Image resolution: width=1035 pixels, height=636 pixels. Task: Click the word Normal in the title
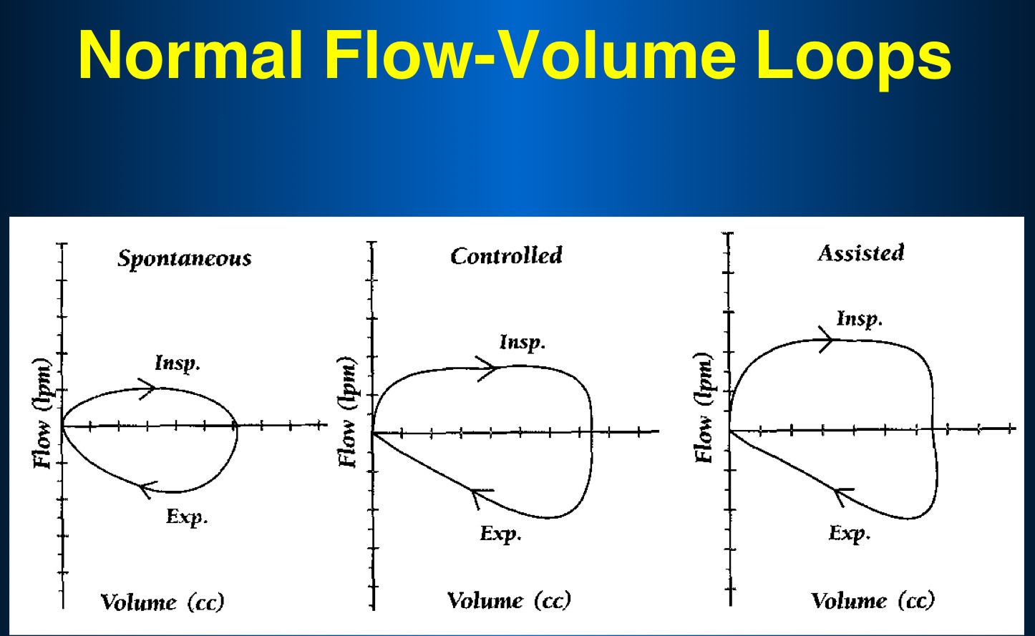click(192, 56)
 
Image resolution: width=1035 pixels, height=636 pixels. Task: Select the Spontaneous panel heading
click(185, 258)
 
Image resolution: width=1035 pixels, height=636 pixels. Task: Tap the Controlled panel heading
click(506, 255)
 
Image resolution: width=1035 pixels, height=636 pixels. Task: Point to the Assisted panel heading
click(861, 253)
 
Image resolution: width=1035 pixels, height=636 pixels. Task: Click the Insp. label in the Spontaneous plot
click(178, 363)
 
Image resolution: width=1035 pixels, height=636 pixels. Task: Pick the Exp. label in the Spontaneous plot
click(187, 516)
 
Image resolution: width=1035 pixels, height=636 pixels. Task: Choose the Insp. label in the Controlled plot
click(523, 343)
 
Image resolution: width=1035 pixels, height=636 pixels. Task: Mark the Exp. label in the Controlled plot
click(500, 534)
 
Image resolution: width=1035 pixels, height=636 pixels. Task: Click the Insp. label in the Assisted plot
click(860, 318)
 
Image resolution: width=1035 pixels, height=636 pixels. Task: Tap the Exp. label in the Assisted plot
click(850, 533)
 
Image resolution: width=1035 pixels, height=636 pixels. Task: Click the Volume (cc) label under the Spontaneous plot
click(162, 602)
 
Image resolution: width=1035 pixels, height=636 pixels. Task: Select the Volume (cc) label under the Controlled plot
click(509, 600)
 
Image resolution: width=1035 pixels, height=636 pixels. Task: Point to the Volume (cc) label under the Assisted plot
click(873, 600)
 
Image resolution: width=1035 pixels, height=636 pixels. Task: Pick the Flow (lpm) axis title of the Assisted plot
click(704, 408)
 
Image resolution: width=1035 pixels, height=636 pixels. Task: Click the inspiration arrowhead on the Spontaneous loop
click(149, 388)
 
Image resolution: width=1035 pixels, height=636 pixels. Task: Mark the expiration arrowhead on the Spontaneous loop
click(146, 489)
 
